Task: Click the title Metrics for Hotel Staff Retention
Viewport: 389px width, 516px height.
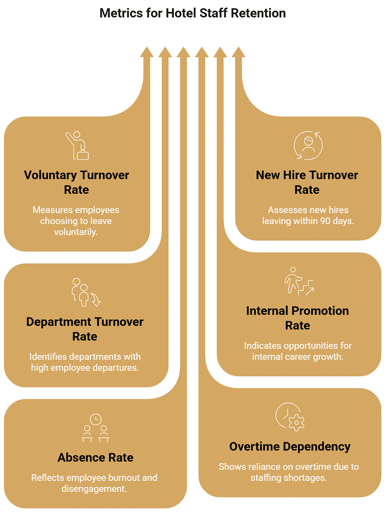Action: click(x=193, y=13)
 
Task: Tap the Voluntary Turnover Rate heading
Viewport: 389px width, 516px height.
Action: click(x=76, y=182)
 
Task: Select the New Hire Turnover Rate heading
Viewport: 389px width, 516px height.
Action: click(x=307, y=182)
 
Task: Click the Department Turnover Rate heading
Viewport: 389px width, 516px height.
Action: click(x=85, y=329)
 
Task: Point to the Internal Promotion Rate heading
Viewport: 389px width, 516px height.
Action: click(x=298, y=318)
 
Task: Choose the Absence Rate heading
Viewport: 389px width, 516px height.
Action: click(x=95, y=457)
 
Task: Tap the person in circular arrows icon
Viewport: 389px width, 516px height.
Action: click(x=308, y=145)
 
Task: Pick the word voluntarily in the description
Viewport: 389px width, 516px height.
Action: click(x=76, y=232)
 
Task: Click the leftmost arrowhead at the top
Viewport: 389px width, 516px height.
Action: click(x=147, y=52)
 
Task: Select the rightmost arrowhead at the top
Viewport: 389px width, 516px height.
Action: click(x=238, y=52)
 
